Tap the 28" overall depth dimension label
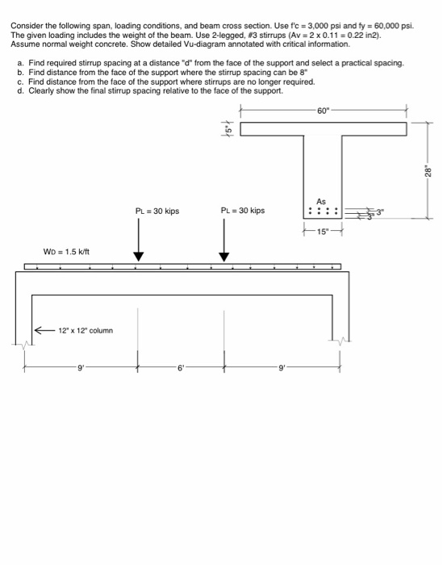pyautogui.click(x=429, y=171)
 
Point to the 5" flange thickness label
pyautogui.click(x=228, y=128)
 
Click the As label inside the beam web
pyautogui.click(x=321, y=201)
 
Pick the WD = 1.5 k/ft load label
pyautogui.click(x=67, y=252)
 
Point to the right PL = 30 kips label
pyautogui.click(x=242, y=211)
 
